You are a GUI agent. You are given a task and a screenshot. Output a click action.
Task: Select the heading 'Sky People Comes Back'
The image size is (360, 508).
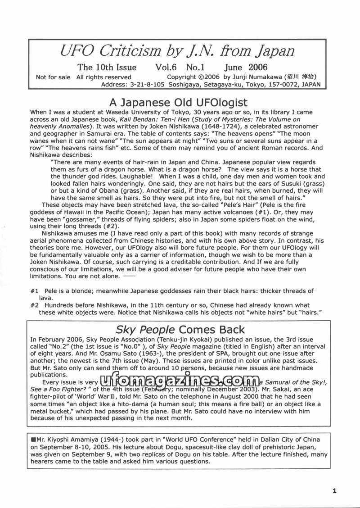(x=180, y=329)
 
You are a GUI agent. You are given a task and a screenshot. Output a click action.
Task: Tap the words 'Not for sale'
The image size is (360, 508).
(x=53, y=77)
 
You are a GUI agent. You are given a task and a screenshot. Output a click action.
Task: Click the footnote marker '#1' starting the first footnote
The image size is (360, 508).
(x=35, y=291)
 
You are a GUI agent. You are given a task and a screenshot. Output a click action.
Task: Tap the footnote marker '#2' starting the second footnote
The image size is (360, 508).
(x=35, y=305)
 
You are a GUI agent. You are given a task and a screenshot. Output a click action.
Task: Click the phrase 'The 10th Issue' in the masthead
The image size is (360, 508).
(x=107, y=68)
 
